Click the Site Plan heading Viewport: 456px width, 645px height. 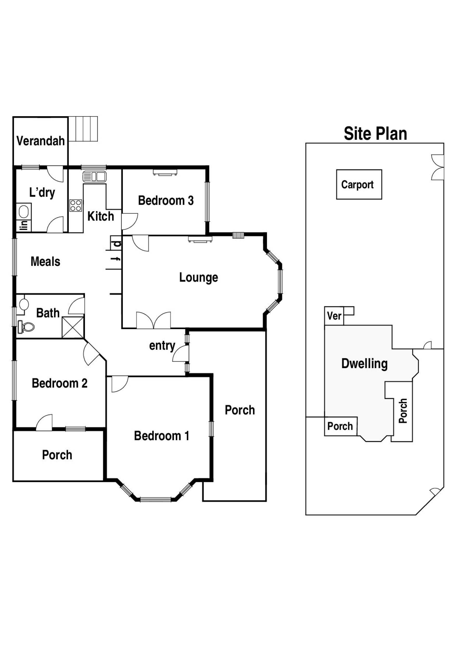(x=375, y=134)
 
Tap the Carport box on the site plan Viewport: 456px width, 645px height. (x=359, y=185)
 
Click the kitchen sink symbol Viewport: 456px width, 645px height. (x=94, y=177)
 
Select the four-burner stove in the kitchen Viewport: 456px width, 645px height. (x=76, y=205)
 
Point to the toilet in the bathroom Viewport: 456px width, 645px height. (x=27, y=327)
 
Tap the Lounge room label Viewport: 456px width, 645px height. (x=198, y=278)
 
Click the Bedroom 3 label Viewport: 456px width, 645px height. (x=166, y=201)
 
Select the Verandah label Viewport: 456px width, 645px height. (x=41, y=141)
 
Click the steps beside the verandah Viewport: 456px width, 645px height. (x=83, y=129)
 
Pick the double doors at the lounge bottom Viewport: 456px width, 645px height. (x=153, y=321)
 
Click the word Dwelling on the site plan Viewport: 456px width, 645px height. (x=364, y=364)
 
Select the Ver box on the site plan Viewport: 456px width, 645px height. (x=334, y=316)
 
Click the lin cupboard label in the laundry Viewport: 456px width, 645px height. (x=24, y=225)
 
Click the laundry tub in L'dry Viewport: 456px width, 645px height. (x=24, y=212)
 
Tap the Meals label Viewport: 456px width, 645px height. (x=45, y=262)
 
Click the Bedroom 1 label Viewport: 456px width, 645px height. (x=161, y=436)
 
